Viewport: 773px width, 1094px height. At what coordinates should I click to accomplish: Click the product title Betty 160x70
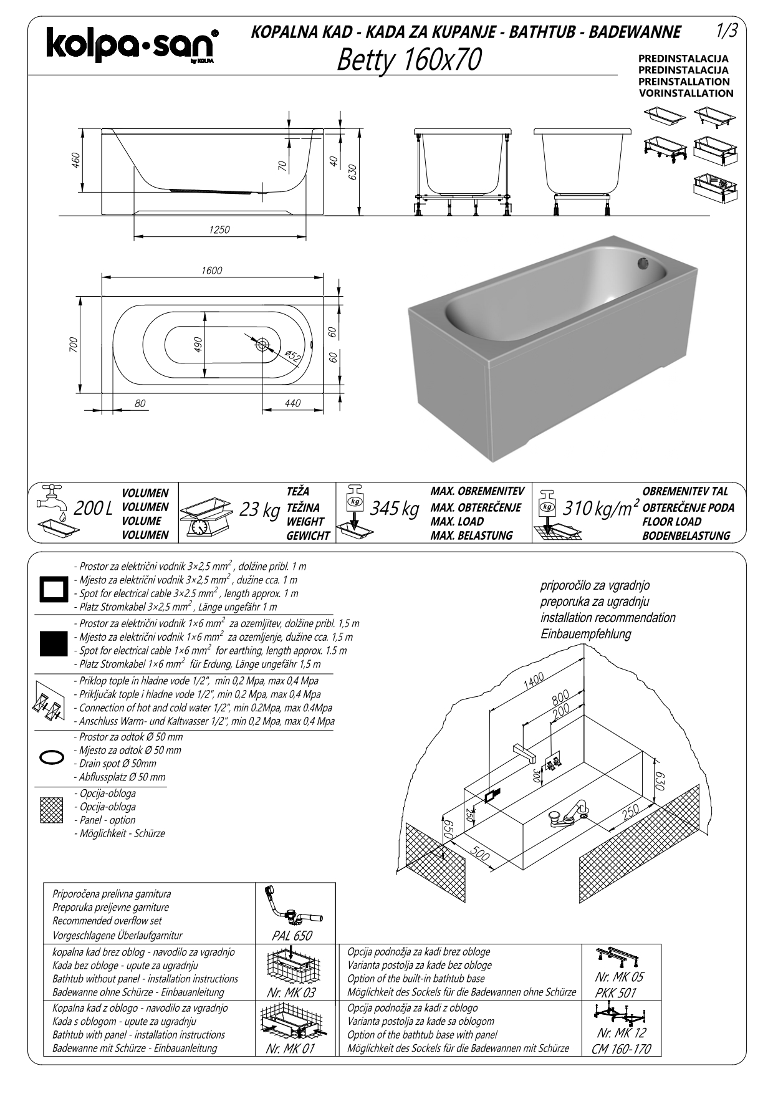pyautogui.click(x=409, y=60)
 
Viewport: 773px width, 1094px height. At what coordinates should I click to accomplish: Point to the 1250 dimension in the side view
pyautogui.click(x=219, y=229)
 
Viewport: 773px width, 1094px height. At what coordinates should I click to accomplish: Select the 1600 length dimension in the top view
pyautogui.click(x=211, y=271)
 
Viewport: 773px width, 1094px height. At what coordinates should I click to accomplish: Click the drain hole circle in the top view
pyautogui.click(x=262, y=344)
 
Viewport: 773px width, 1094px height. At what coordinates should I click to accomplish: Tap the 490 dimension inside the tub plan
pyautogui.click(x=198, y=345)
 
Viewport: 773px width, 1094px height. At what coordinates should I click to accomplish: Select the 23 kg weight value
pyautogui.click(x=259, y=510)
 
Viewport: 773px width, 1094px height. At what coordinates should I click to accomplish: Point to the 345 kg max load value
pyautogui.click(x=394, y=509)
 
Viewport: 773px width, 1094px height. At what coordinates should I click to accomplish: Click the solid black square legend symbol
pyautogui.click(x=53, y=644)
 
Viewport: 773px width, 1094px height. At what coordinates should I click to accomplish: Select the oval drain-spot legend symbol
pyautogui.click(x=52, y=757)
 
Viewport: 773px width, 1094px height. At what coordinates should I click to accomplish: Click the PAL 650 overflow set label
pyautogui.click(x=292, y=936)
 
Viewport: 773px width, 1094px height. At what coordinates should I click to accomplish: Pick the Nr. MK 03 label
pyautogui.click(x=290, y=993)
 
